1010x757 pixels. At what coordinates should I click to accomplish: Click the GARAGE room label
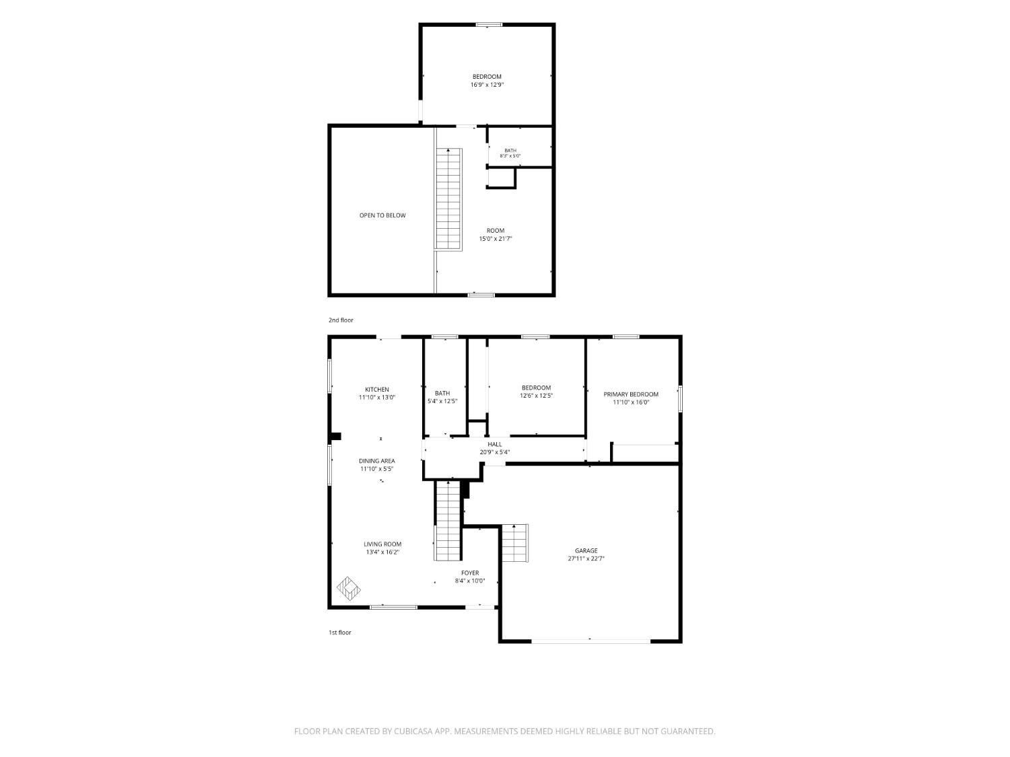tap(586, 550)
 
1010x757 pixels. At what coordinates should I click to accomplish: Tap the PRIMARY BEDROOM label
tap(631, 394)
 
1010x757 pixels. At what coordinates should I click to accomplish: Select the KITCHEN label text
tap(377, 390)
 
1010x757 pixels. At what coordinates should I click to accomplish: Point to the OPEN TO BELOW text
tap(382, 215)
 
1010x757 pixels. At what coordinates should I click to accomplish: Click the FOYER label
tap(470, 573)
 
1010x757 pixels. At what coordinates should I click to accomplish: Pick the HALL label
tap(495, 445)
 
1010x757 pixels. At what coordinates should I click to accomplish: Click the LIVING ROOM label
tap(382, 544)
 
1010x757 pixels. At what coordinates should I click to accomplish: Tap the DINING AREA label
tap(377, 461)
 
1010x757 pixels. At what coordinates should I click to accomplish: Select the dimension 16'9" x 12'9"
tap(487, 85)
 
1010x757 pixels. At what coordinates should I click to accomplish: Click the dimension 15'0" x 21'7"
tap(496, 239)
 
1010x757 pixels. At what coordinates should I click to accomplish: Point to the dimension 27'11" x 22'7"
tap(586, 559)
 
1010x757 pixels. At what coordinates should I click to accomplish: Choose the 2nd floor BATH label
tap(510, 151)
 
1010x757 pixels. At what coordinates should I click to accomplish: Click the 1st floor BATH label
tap(442, 394)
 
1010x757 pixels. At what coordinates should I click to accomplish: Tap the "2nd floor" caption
tap(341, 320)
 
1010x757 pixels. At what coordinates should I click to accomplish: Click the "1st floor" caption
tap(339, 633)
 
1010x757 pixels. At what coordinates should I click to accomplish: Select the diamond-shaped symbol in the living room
tap(348, 589)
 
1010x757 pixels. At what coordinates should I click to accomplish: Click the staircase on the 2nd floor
tap(448, 199)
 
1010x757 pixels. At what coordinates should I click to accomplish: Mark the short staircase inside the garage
tap(514, 543)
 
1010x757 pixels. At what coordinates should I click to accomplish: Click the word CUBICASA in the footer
tap(413, 731)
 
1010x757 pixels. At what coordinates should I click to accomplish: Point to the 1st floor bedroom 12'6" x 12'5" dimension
tap(536, 396)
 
